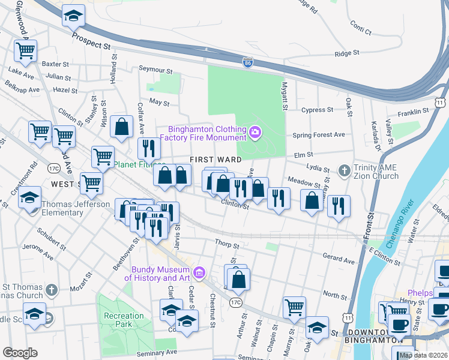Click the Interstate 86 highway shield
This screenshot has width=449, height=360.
click(x=247, y=62)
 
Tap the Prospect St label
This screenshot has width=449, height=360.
click(x=91, y=41)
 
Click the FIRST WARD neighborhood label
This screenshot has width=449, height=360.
click(x=215, y=160)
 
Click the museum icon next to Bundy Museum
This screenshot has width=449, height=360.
click(x=200, y=273)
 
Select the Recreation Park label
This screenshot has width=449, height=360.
click(x=124, y=320)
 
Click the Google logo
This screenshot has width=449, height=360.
click(x=20, y=353)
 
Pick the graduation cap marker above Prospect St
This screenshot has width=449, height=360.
click(x=73, y=16)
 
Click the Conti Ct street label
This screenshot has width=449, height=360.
click(x=360, y=27)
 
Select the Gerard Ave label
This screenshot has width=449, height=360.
click(x=339, y=260)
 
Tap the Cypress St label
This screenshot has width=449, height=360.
click(x=318, y=110)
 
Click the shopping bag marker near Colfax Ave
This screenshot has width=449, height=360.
click(x=122, y=127)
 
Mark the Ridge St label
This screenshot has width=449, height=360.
click(x=346, y=53)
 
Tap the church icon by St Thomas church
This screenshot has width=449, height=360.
click(x=52, y=290)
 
